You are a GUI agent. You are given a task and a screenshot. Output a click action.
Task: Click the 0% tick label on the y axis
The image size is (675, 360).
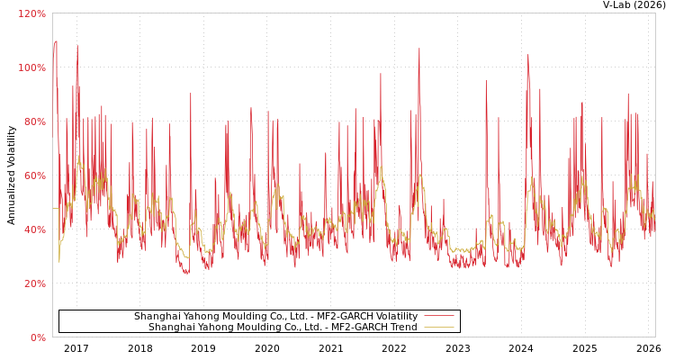tap(38, 337)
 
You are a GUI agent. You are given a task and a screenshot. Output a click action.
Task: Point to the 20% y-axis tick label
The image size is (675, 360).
tap(35, 283)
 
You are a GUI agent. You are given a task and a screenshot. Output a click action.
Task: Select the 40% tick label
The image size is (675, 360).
tap(35, 229)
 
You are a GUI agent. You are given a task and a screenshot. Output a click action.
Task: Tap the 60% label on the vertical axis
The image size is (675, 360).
tap(35, 175)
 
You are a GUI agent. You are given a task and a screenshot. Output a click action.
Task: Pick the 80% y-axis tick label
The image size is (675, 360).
tap(35, 121)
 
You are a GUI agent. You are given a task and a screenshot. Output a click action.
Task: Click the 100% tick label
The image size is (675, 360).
tap(32, 67)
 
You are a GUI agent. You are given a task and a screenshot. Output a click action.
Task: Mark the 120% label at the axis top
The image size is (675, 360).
tap(32, 14)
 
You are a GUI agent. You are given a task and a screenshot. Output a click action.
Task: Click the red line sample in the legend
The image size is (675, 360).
tap(438, 316)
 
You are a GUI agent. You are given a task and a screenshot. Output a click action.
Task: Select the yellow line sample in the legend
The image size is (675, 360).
tap(438, 327)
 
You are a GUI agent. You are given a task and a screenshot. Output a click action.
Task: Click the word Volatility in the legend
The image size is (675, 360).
tap(396, 317)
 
